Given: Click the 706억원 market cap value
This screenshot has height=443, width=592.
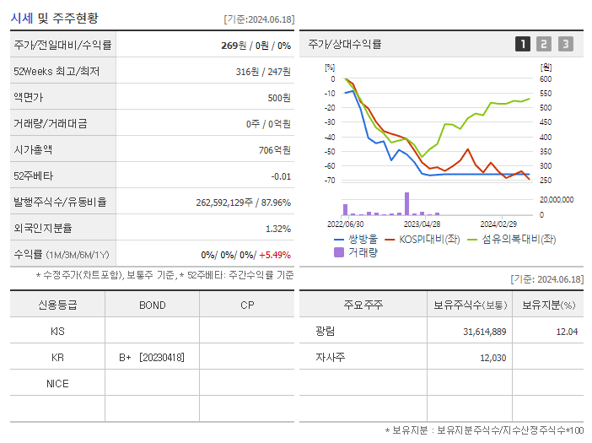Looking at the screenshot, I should click(274, 150).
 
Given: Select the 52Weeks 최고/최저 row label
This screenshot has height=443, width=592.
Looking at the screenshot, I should click(57, 72).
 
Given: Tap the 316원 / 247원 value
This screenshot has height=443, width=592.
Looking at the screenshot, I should click(263, 72).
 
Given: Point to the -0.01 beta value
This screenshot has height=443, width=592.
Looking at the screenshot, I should click(281, 176).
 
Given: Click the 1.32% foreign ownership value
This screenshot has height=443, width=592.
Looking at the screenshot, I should click(278, 229).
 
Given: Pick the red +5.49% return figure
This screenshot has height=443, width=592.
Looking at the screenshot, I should click(275, 255).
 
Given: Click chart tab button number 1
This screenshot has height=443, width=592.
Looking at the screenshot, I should click(523, 44).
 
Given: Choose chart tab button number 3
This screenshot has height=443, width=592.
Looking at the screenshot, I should click(565, 44).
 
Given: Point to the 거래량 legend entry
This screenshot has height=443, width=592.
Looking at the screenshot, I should click(362, 251).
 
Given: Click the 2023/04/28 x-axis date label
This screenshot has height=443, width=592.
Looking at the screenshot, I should click(422, 224).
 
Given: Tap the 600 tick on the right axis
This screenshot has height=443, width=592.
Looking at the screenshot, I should click(546, 79).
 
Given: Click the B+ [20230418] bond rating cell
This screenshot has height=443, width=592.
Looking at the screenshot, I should click(152, 358).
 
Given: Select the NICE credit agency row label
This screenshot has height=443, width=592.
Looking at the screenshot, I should click(57, 384).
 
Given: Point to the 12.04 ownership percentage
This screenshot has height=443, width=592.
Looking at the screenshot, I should click(567, 332).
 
